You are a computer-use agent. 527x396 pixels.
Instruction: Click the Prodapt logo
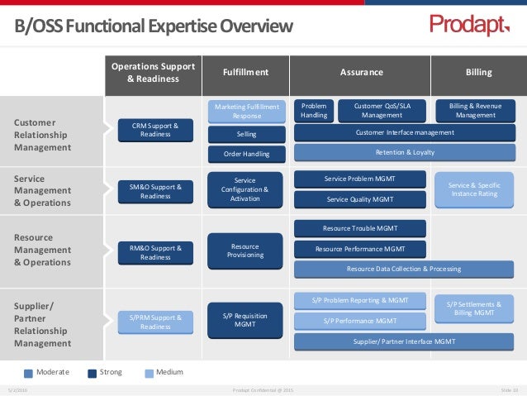pyautogui.click(x=469, y=26)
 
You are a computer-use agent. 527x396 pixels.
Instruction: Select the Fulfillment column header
pyautogui.click(x=245, y=73)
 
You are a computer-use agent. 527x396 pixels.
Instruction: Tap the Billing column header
pyautogui.click(x=478, y=73)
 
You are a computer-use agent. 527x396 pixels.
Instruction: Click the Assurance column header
pyautogui.click(x=362, y=73)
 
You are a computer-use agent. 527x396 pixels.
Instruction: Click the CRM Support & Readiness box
pyautogui.click(x=155, y=130)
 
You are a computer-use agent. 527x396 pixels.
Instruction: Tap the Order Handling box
pyautogui.click(x=246, y=154)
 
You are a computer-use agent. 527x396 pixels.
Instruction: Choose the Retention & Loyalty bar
pyautogui.click(x=405, y=152)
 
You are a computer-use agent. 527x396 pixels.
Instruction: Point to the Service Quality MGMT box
pyautogui.click(x=360, y=199)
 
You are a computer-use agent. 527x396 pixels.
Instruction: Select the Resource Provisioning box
pyautogui.click(x=246, y=250)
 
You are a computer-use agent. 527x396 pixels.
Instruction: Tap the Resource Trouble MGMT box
pyautogui.click(x=360, y=228)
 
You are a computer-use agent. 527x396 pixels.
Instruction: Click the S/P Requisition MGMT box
pyautogui.click(x=245, y=319)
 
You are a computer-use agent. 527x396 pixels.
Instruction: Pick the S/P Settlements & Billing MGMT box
pyautogui.click(x=474, y=308)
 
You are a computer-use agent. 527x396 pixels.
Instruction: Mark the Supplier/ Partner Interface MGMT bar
pyautogui.click(x=405, y=341)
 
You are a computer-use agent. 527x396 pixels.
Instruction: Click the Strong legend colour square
pyautogui.click(x=93, y=373)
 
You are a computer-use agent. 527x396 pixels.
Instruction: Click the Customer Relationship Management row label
pyautogui.click(x=43, y=135)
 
